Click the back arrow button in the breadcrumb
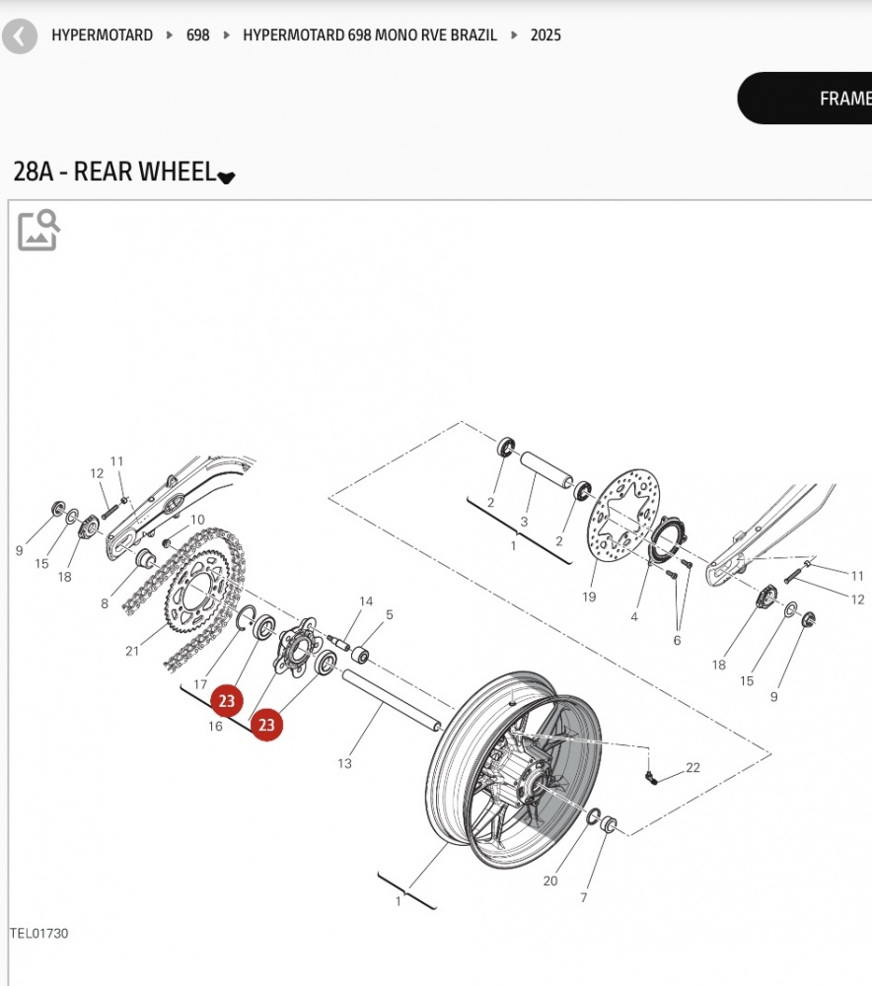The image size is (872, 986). tap(20, 36)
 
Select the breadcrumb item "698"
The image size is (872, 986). tap(198, 35)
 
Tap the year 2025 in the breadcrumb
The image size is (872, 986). tap(545, 35)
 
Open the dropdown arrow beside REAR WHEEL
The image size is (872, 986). tap(227, 177)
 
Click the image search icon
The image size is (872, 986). tap(38, 230)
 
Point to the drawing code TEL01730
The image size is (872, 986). tap(39, 933)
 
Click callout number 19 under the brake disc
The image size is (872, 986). tap(589, 597)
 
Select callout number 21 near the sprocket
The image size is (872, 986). tap(133, 650)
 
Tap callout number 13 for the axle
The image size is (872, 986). tap(344, 763)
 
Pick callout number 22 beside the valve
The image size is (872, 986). tap(692, 767)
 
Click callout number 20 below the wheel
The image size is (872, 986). tap(550, 880)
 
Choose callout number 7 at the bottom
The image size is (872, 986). tap(584, 897)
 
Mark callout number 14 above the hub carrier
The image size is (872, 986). tap(366, 601)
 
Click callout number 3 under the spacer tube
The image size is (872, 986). tap(525, 522)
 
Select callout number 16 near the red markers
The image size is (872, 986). tap(215, 727)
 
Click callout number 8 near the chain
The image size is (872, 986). tap(105, 603)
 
